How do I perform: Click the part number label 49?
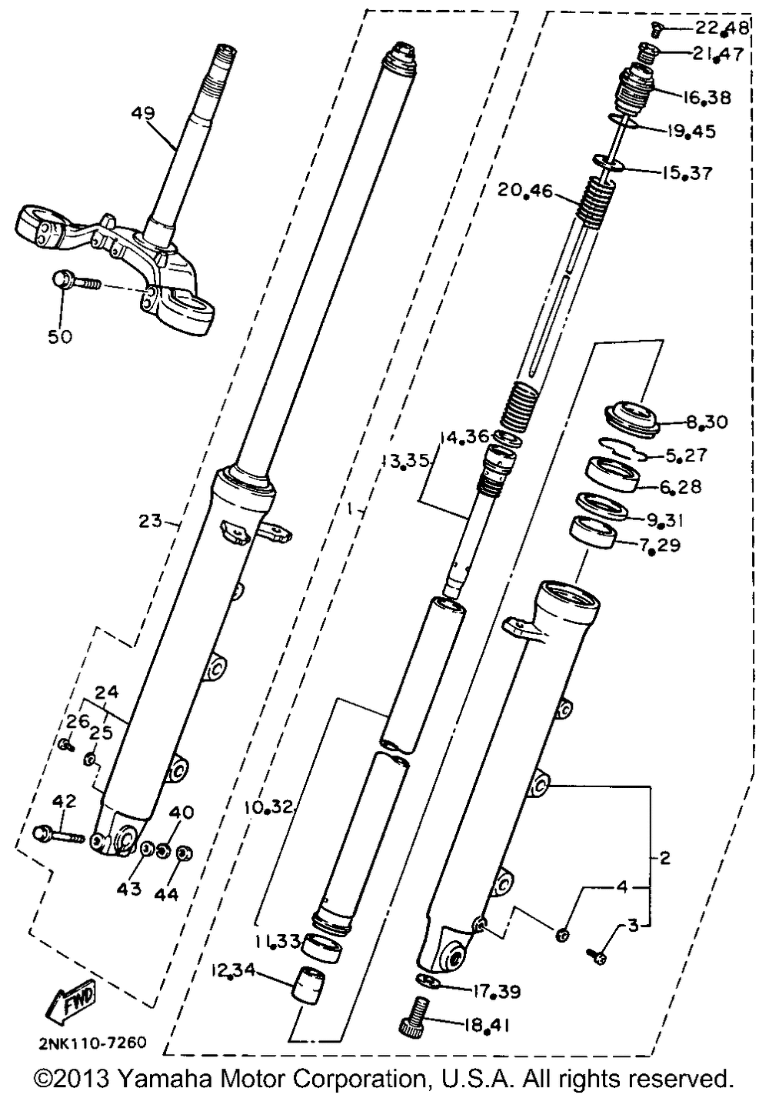pyautogui.click(x=143, y=114)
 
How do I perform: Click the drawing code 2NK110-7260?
pyautogui.click(x=92, y=1043)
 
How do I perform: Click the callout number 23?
pyautogui.click(x=150, y=521)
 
